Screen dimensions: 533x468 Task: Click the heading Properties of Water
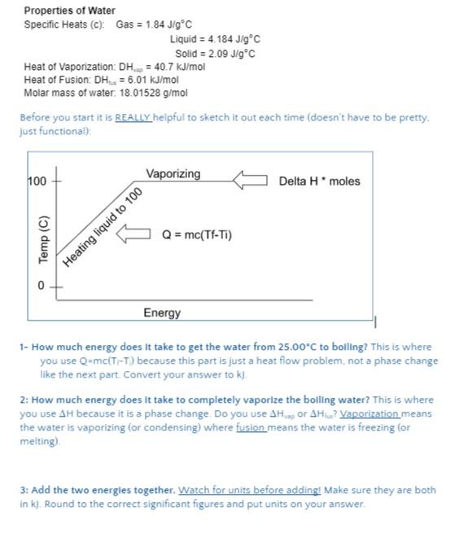69,11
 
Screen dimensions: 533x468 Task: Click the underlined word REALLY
133,118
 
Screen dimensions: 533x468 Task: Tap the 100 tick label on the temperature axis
37,181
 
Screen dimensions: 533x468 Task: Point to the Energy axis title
163,313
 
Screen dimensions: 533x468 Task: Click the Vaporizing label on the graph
173,174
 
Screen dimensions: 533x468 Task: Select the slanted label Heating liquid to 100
103,225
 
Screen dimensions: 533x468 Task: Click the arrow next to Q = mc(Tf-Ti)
135,235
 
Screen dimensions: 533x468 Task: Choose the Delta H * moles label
319,181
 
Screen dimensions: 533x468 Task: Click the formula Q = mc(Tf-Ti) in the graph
197,235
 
